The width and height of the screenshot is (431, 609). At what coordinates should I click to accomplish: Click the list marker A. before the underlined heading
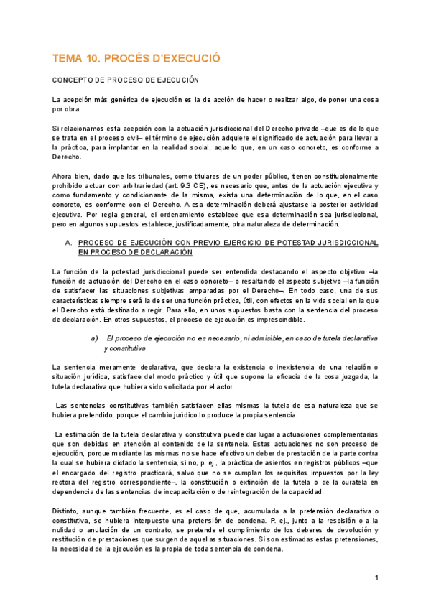[x=69, y=243]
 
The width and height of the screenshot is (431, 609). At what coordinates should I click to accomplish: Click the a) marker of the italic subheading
[x=93, y=338]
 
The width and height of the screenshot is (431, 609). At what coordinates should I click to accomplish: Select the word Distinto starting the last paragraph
[x=67, y=511]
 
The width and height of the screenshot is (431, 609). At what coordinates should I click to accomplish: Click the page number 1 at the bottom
[x=376, y=577]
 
